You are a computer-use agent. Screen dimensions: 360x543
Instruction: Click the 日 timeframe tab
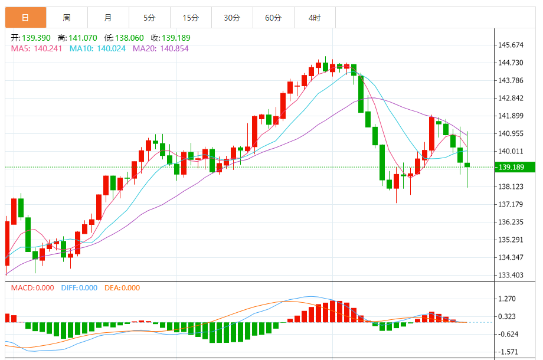25,18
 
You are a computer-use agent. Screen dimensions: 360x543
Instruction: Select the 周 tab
67,18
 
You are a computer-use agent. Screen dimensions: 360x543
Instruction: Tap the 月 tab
107,18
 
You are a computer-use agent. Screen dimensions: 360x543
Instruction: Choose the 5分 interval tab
149,18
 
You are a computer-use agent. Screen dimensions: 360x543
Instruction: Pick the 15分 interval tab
191,18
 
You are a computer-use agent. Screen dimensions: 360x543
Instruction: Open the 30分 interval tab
232,18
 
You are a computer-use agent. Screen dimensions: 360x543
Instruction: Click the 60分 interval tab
273,18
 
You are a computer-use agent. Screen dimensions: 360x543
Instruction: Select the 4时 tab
315,18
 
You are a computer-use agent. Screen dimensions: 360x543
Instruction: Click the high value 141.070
83,38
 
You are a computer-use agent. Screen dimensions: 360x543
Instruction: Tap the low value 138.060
129,38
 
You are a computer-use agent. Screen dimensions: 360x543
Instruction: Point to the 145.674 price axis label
511,45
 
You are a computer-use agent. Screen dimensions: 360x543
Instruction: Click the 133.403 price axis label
511,275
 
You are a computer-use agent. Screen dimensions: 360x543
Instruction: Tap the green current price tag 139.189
512,168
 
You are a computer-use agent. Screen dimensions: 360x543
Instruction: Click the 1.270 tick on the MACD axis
508,299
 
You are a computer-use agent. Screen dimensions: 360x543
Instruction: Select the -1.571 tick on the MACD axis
508,352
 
